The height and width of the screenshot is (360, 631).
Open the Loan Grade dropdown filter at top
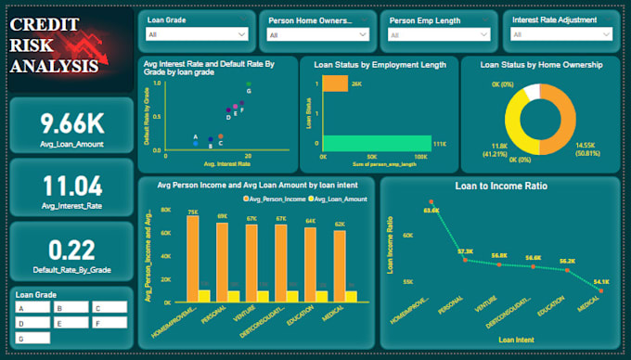(197, 34)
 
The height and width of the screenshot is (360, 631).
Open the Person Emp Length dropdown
(439, 34)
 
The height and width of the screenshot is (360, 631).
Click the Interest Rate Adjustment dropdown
(560, 34)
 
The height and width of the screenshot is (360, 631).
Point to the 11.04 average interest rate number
(71, 184)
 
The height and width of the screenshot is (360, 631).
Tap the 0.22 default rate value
(71, 249)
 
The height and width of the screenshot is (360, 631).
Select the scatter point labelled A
(196, 144)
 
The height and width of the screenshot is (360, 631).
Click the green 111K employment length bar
(376, 143)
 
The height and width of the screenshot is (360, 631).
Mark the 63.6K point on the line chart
(431, 201)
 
